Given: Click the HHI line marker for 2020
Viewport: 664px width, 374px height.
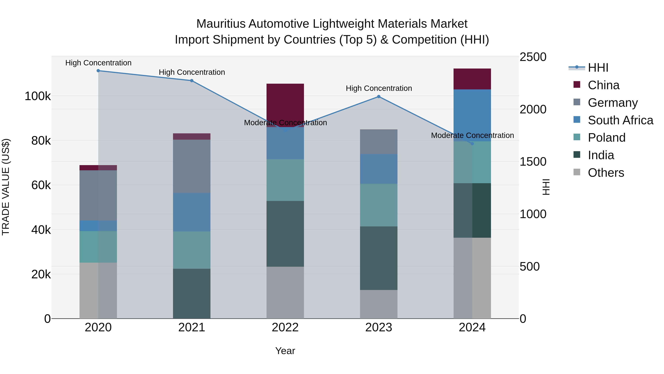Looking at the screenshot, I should [98, 71].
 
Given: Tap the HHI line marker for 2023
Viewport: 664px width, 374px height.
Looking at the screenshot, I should [379, 97].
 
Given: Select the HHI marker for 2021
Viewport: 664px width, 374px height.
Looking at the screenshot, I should [192, 81].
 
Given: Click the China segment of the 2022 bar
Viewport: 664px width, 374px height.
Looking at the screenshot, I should [285, 103].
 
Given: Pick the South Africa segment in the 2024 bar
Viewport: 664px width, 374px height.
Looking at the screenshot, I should [472, 115].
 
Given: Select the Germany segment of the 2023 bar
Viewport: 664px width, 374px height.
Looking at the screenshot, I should [379, 142].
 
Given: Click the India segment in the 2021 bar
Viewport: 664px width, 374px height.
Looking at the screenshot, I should [192, 293].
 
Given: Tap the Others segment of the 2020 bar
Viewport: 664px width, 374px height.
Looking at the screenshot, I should [98, 290].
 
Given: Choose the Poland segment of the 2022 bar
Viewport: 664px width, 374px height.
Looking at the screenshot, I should [285, 180].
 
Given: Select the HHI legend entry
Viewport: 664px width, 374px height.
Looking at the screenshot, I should [598, 68].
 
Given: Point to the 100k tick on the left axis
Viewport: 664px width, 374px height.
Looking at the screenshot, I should [38, 96].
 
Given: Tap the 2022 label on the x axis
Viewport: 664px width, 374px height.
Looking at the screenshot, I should [285, 327].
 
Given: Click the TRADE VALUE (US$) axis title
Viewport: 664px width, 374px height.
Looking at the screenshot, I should [6, 187].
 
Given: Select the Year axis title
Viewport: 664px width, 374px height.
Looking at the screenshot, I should [285, 351].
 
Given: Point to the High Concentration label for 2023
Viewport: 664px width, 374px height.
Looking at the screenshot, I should [379, 88].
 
